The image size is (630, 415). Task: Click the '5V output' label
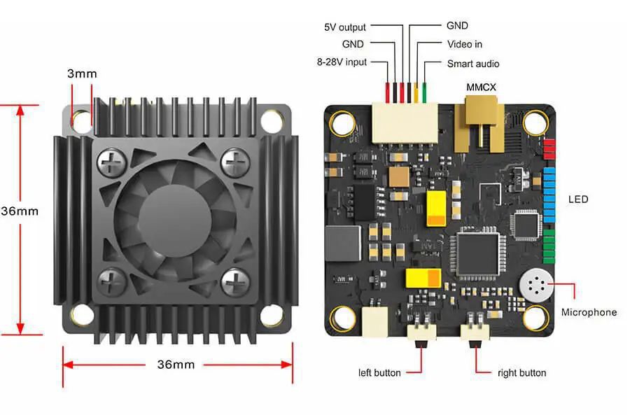coord(345,27)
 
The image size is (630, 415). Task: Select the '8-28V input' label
coord(341,62)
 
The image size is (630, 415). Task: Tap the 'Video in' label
coord(464,44)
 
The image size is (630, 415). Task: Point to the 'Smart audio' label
coord(472,64)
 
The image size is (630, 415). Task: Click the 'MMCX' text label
coord(482,86)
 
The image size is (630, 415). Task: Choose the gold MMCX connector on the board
coord(480,116)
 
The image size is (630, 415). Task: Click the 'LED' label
coord(578,199)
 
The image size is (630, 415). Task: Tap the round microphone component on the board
coord(536,285)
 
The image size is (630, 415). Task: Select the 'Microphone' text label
coord(589,312)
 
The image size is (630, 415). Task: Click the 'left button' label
coord(379,372)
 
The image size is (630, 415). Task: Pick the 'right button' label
coord(521,372)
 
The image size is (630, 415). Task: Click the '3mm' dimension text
coord(82,73)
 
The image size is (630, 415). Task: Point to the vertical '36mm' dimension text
coord(20,211)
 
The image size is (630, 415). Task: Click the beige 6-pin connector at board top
coord(405,120)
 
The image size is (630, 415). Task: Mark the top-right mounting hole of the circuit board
coord(535,122)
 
